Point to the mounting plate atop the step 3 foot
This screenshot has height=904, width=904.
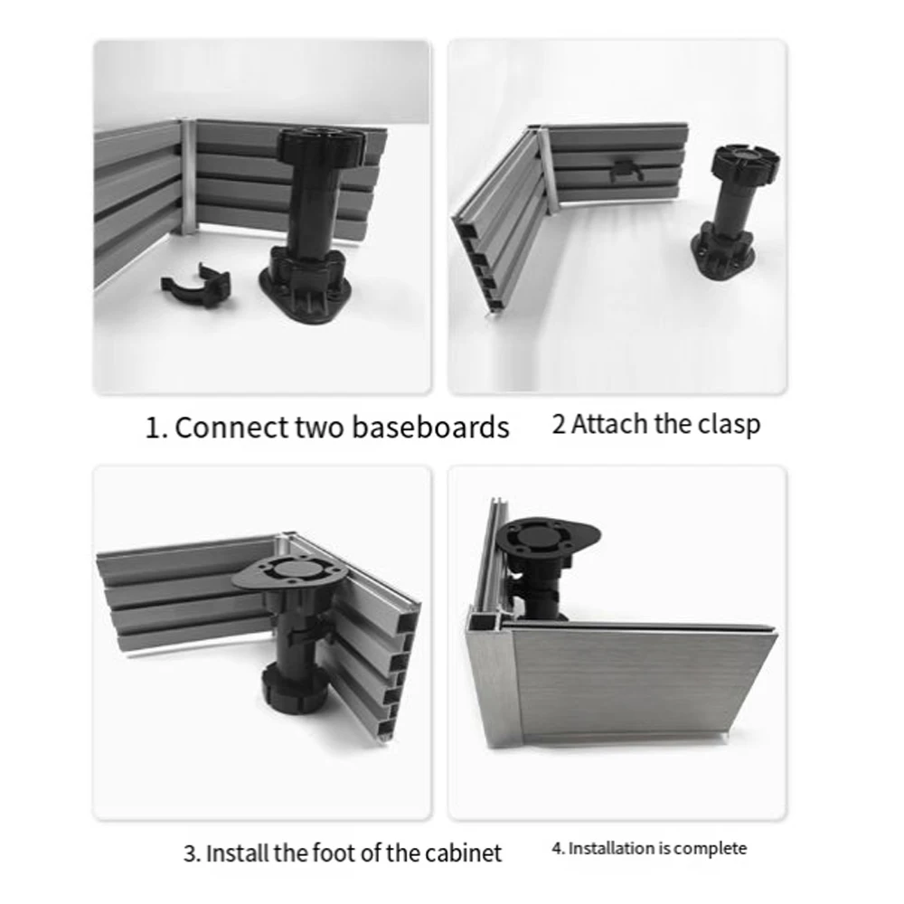[x=288, y=574]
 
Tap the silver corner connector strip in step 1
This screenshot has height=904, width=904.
[x=187, y=176]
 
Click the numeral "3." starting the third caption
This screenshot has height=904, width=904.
[x=192, y=852]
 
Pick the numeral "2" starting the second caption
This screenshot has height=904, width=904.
[x=559, y=424]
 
